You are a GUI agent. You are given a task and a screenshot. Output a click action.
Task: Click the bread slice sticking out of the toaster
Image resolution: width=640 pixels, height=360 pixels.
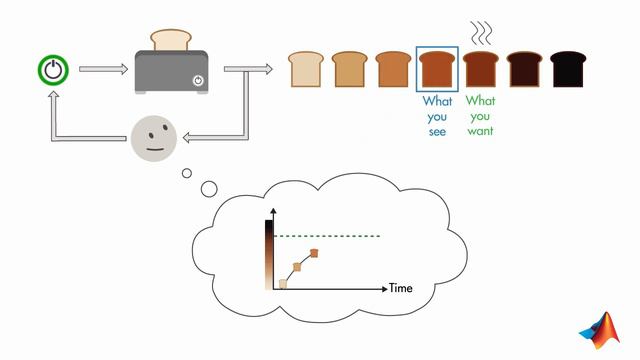pyautogui.click(x=170, y=39)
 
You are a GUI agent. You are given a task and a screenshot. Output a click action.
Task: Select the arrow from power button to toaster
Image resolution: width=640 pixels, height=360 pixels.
pyautogui.click(x=102, y=70)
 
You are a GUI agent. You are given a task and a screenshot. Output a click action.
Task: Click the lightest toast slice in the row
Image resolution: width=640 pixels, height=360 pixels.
pyautogui.click(x=306, y=68)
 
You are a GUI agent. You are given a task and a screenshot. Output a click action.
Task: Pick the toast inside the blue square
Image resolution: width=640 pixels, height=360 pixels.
pyautogui.click(x=437, y=69)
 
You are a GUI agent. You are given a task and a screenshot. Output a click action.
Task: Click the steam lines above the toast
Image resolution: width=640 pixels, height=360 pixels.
pyautogui.click(x=481, y=32)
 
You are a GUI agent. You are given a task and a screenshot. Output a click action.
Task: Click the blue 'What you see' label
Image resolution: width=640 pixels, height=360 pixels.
pyautogui.click(x=437, y=116)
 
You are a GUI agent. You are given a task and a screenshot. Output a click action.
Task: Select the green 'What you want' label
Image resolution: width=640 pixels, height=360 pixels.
pyautogui.click(x=481, y=116)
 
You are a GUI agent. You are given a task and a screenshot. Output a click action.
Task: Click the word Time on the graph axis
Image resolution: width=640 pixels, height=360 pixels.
pyautogui.click(x=400, y=288)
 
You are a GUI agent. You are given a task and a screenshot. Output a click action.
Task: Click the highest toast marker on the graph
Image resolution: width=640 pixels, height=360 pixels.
pyautogui.click(x=314, y=253)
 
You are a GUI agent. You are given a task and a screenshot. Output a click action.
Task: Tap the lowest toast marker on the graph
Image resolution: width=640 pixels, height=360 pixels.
pyautogui.click(x=283, y=284)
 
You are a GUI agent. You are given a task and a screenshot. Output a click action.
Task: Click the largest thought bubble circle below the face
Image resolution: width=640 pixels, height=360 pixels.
pyautogui.click(x=209, y=188)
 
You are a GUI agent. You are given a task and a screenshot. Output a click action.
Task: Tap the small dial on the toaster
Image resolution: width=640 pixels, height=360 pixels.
pyautogui.click(x=198, y=80)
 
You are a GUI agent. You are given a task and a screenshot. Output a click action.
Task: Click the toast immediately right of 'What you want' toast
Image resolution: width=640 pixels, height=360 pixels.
pyautogui.click(x=525, y=68)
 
